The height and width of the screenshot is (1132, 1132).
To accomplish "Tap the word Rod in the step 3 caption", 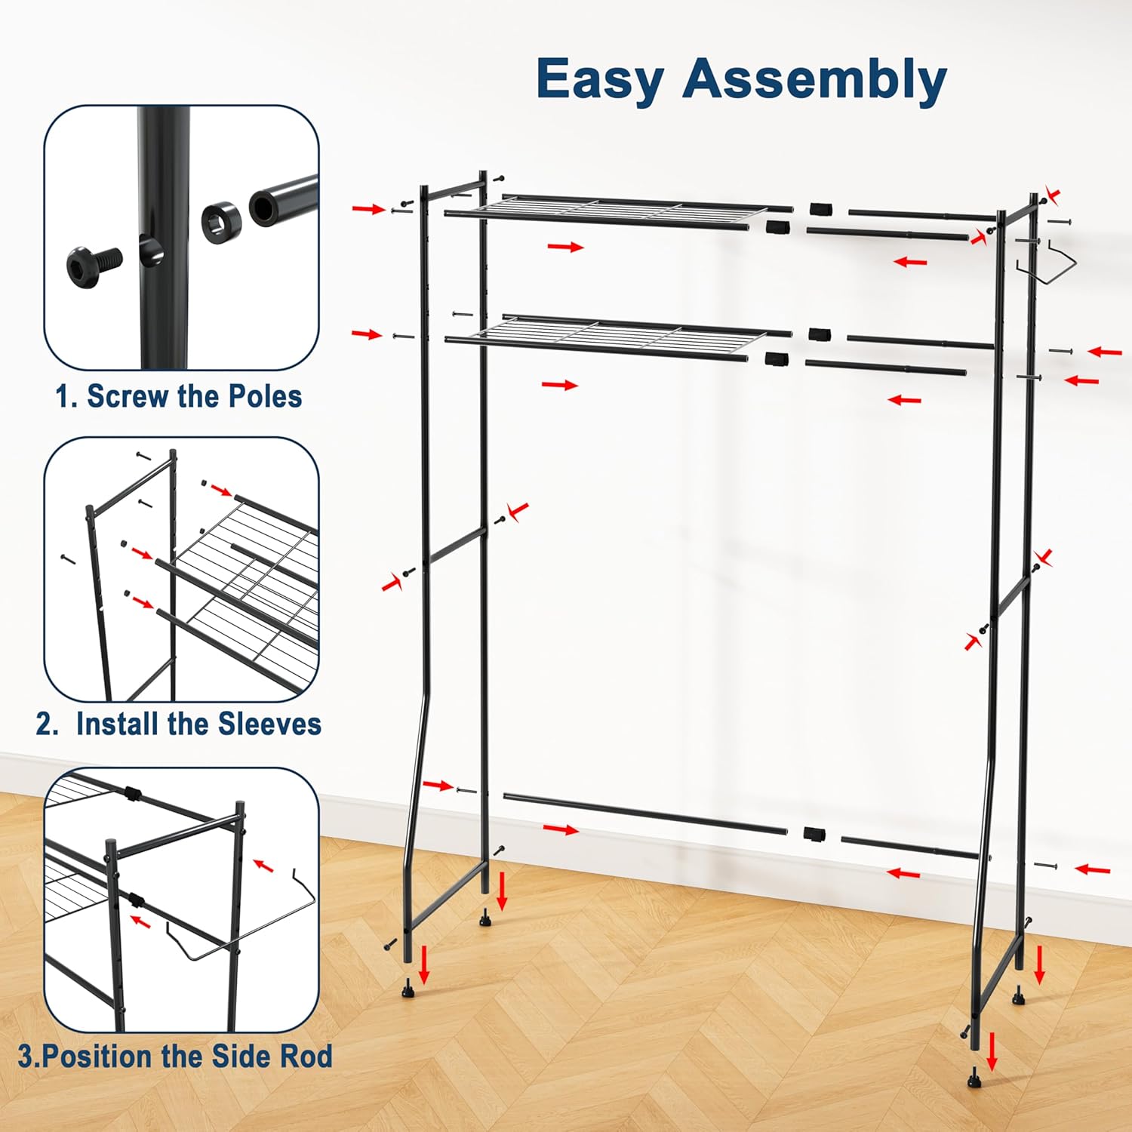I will pyautogui.click(x=305, y=1056).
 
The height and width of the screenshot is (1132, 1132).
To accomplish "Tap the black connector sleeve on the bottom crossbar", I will pyautogui.click(x=814, y=834).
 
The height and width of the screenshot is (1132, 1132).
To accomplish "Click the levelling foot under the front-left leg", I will pyautogui.click(x=408, y=988).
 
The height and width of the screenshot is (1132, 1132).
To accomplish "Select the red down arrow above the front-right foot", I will pyautogui.click(x=992, y=1052).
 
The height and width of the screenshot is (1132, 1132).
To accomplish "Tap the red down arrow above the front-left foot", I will pyautogui.click(x=425, y=964).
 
